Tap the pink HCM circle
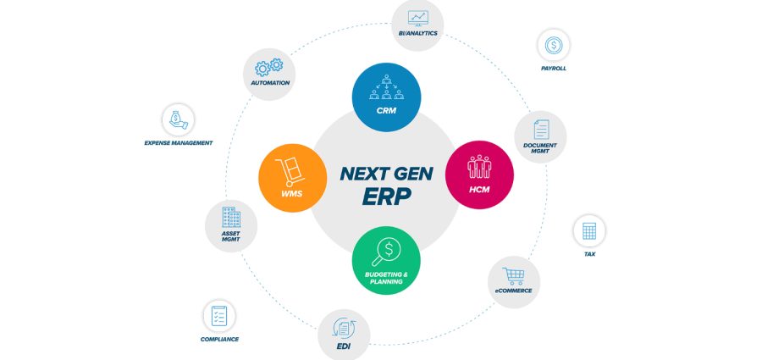tap(479, 174)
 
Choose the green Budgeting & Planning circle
tap(386, 261)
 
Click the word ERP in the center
tap(386, 196)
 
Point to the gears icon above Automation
tap(269, 67)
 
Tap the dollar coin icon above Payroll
tap(554, 44)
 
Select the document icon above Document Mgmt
tap(540, 130)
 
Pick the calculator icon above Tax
tap(589, 230)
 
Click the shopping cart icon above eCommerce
tap(514, 275)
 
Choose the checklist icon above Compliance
tap(219, 316)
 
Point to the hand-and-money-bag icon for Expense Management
tap(178, 119)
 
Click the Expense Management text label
tap(178, 143)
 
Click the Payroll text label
tap(554, 68)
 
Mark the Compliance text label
tap(219, 339)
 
